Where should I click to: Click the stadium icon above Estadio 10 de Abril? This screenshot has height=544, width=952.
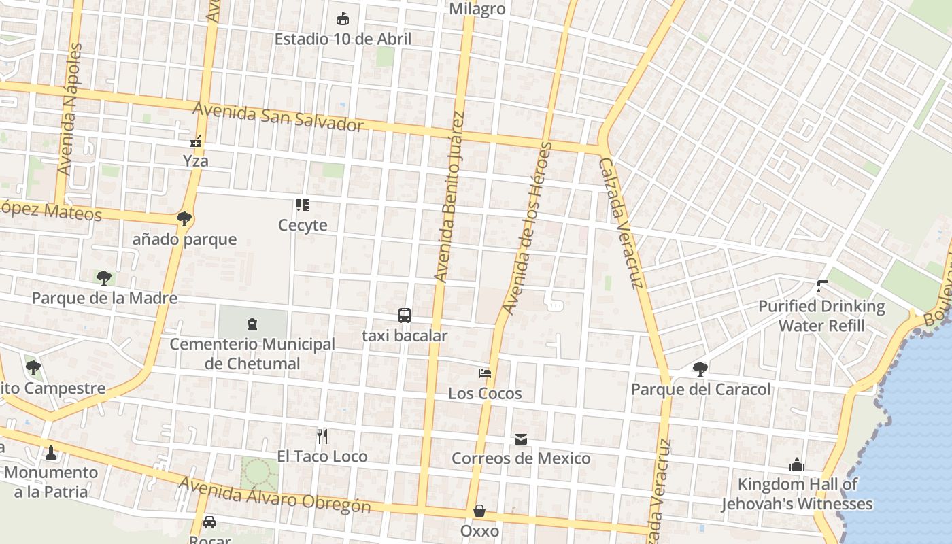(x=343, y=18)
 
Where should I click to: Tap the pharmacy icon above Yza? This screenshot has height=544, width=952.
(x=196, y=141)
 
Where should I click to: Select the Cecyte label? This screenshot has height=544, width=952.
(x=303, y=225)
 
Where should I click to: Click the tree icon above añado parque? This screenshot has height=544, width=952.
(x=184, y=219)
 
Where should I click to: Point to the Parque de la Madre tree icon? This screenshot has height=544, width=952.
(x=103, y=277)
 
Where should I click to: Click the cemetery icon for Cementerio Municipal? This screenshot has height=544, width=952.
(x=252, y=324)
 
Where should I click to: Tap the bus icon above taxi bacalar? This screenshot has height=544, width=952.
(x=405, y=316)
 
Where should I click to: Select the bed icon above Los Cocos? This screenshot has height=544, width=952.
(x=485, y=373)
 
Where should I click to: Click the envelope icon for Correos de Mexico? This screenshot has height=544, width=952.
(x=521, y=439)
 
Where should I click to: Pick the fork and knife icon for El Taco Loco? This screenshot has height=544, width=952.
(x=322, y=436)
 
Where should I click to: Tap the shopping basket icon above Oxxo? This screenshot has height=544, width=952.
(x=479, y=511)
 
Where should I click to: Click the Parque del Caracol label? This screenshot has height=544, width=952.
(x=700, y=390)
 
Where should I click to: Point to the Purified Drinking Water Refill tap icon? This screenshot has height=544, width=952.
(x=822, y=286)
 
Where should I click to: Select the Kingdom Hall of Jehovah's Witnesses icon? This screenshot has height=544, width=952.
(x=797, y=464)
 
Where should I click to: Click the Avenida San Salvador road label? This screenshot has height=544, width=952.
(x=278, y=117)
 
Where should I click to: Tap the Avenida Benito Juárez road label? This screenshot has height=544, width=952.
(x=449, y=197)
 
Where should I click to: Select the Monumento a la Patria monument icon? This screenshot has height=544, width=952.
(x=50, y=452)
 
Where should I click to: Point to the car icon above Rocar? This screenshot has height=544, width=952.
(x=209, y=522)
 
